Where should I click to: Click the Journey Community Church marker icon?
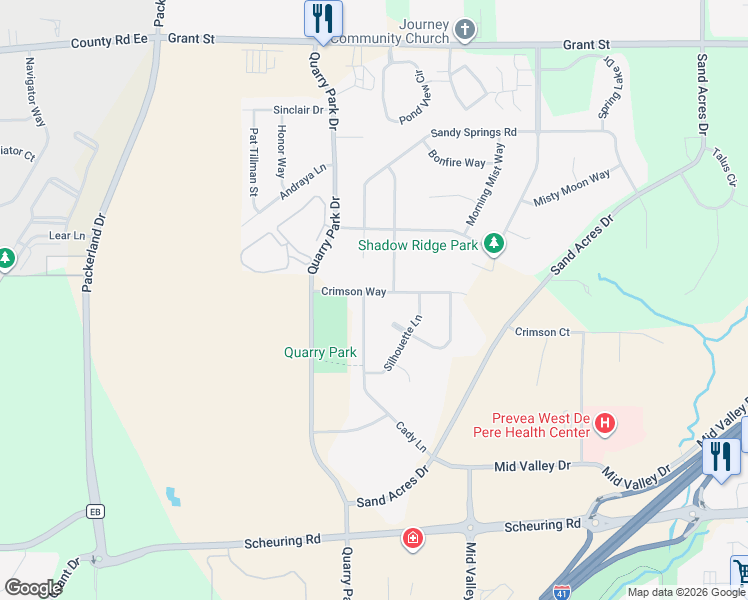coord(464,30)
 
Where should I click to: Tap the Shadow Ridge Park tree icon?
coord(493,243)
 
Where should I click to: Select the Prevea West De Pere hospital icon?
coord(604,424)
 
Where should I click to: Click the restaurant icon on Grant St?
coord(323,18)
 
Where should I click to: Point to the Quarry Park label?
coord(320,352)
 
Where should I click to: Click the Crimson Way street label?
coord(354,292)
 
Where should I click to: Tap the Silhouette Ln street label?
coord(404,342)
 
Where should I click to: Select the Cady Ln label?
coord(411,435)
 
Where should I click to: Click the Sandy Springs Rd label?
coord(473,132)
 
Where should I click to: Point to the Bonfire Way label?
coord(456,157)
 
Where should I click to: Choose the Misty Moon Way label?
coord(571,187)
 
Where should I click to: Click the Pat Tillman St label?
coord(254,162)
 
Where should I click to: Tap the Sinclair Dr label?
coord(298,110)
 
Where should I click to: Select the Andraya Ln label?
coord(303,182)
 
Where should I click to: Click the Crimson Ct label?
coord(542,331)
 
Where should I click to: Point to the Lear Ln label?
coord(67,235)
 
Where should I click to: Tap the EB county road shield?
coord(96,511)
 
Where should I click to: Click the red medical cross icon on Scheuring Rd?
coord(412,540)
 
